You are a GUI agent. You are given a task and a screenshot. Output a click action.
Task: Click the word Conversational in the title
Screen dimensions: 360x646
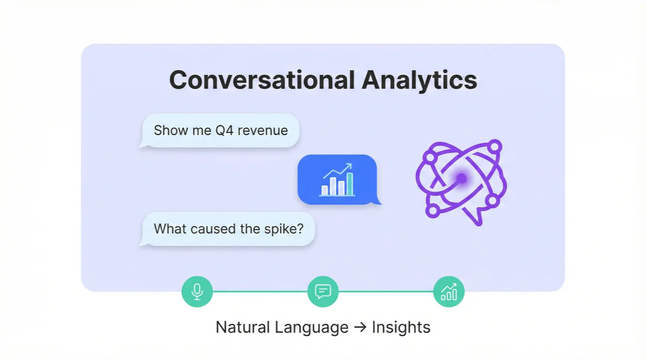(x=261, y=80)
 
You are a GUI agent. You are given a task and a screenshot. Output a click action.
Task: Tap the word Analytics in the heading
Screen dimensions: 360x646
(x=419, y=80)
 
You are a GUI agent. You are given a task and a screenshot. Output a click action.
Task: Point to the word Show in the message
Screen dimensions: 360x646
(x=167, y=130)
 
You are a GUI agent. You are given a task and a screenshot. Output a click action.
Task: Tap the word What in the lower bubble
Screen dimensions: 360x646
(x=168, y=229)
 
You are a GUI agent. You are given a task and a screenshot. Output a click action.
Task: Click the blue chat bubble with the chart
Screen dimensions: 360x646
(x=337, y=180)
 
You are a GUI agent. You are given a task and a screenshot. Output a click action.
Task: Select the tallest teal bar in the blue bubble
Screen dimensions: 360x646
(x=350, y=183)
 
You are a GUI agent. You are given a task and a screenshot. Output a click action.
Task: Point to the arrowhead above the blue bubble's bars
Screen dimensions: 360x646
(x=349, y=166)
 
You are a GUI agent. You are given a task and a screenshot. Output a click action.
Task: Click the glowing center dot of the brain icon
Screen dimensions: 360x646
(x=461, y=178)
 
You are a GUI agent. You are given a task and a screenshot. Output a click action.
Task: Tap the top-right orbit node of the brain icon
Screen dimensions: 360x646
(x=495, y=146)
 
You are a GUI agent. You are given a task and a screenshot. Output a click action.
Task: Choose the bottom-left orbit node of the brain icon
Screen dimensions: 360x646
(x=431, y=210)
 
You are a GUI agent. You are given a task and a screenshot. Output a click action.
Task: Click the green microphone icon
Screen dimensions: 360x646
(x=197, y=292)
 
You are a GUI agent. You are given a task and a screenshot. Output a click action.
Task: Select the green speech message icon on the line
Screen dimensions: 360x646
(x=323, y=292)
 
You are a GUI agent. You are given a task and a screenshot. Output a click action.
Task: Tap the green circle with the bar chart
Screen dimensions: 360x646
(x=449, y=292)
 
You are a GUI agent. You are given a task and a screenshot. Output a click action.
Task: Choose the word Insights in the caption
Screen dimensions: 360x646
(x=401, y=327)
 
